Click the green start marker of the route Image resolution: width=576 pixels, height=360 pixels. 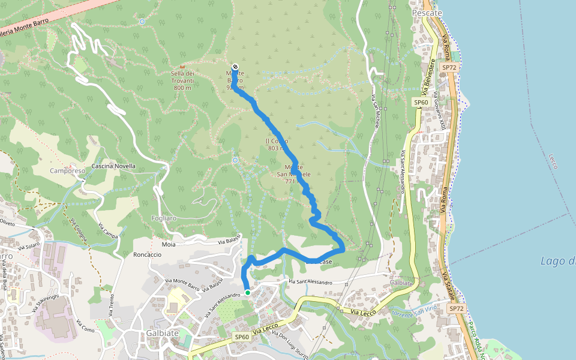click(247, 293)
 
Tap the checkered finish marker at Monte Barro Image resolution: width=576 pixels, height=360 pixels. click(235, 67)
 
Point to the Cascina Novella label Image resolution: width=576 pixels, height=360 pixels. click(113, 166)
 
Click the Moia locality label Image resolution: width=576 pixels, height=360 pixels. click(169, 245)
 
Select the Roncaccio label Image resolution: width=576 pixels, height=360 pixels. click(147, 254)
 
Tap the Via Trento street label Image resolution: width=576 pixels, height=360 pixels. click(112, 302)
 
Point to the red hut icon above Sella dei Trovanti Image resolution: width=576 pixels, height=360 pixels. click(182, 66)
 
